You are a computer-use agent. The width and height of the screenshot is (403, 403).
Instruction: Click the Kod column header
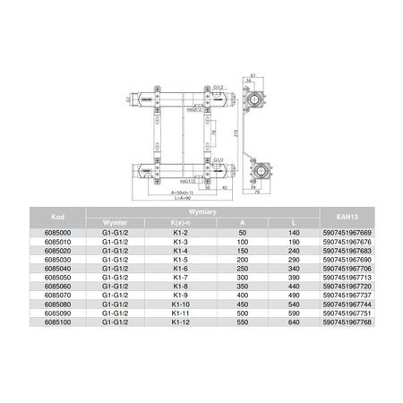click(56, 218)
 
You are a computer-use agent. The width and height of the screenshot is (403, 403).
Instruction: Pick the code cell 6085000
click(56, 233)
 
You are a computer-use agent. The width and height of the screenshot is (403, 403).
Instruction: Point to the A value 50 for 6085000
click(242, 233)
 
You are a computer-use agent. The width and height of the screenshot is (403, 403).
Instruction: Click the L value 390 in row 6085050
click(289, 277)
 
